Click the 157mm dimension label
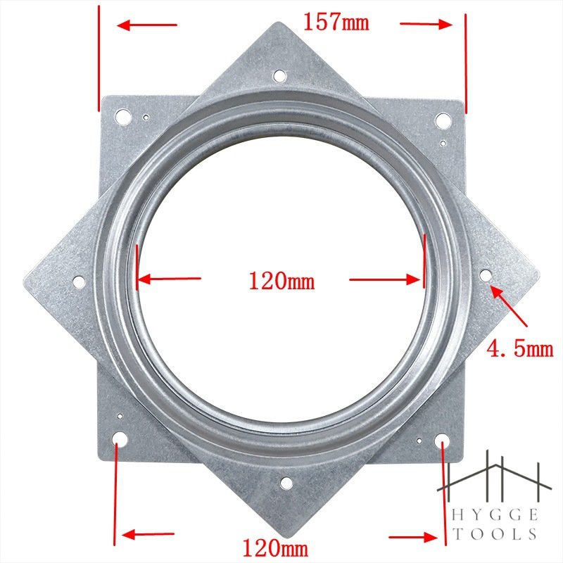click(x=336, y=22)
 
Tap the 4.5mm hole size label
click(x=520, y=348)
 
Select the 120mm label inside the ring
click(x=282, y=281)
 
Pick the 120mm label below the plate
click(x=275, y=548)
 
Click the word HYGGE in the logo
click(x=495, y=515)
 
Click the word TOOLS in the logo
click(x=495, y=534)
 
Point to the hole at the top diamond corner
click(x=279, y=76)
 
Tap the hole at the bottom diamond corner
click(x=286, y=483)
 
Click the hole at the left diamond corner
click(x=79, y=282)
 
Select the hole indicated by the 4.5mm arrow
click(x=486, y=276)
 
